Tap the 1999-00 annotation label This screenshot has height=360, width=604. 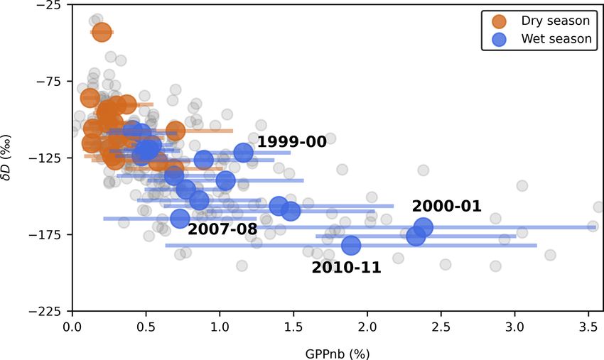291,142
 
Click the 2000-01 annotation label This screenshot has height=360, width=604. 447,207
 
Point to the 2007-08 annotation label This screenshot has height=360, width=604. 222,229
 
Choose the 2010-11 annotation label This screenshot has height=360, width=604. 346,268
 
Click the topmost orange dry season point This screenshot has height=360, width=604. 102,32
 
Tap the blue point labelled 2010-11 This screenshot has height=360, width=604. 351,246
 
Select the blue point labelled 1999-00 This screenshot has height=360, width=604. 244,152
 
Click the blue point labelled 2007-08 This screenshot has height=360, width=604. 180,218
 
